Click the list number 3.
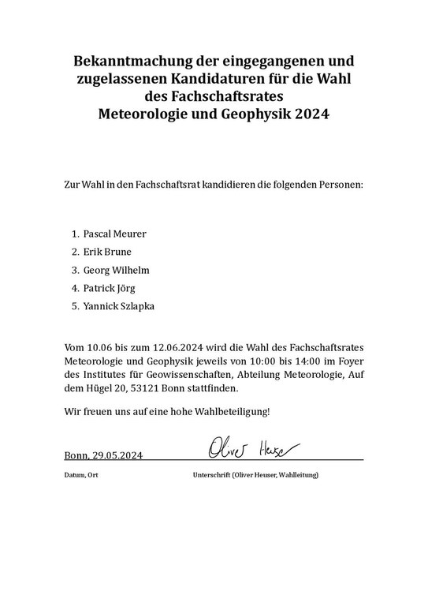pyautogui.click(x=74, y=270)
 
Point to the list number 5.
pyautogui.click(x=74, y=306)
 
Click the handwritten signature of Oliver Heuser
pyautogui.click(x=253, y=447)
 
